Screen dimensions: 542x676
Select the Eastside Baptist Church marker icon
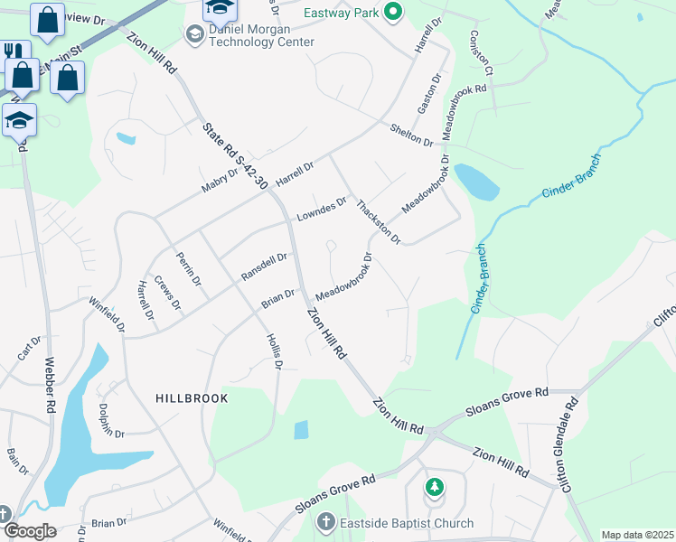(x=325, y=522)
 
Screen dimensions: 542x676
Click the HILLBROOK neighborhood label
(x=192, y=397)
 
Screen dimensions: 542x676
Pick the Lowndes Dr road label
(x=321, y=210)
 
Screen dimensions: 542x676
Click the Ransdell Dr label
(x=264, y=266)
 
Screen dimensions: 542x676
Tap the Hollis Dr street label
(x=275, y=351)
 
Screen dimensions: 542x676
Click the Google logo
(x=29, y=531)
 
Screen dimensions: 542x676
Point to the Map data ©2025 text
(x=637, y=535)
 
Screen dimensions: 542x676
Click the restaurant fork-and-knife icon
(x=13, y=51)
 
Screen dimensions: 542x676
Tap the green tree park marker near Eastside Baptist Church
(x=436, y=487)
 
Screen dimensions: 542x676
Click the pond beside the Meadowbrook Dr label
(x=477, y=182)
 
